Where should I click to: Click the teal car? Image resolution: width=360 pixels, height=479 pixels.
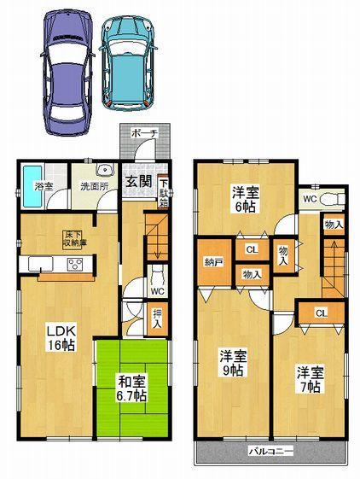(x=129, y=61)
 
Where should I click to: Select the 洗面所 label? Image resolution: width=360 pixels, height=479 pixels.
(x=95, y=184)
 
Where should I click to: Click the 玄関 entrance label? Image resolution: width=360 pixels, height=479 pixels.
(x=139, y=182)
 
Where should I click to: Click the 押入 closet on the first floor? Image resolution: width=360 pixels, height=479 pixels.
(x=158, y=319)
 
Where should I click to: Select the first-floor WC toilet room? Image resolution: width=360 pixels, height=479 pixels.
(x=158, y=285)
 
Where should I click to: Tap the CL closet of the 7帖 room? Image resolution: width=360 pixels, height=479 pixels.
(x=321, y=313)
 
